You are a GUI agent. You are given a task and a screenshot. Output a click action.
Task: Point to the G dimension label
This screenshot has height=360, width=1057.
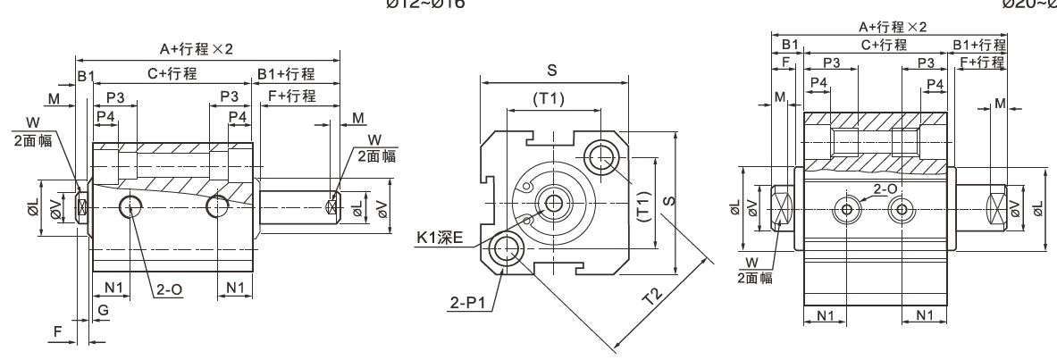104,309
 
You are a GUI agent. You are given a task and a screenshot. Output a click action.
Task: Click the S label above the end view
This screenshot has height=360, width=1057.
554,70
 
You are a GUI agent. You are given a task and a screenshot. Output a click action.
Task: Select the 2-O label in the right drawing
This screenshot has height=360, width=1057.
885,189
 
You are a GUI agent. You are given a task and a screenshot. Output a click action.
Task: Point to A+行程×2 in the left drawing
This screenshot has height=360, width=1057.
195,49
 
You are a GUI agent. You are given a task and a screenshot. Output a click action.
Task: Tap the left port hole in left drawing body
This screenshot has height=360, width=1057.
133,207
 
